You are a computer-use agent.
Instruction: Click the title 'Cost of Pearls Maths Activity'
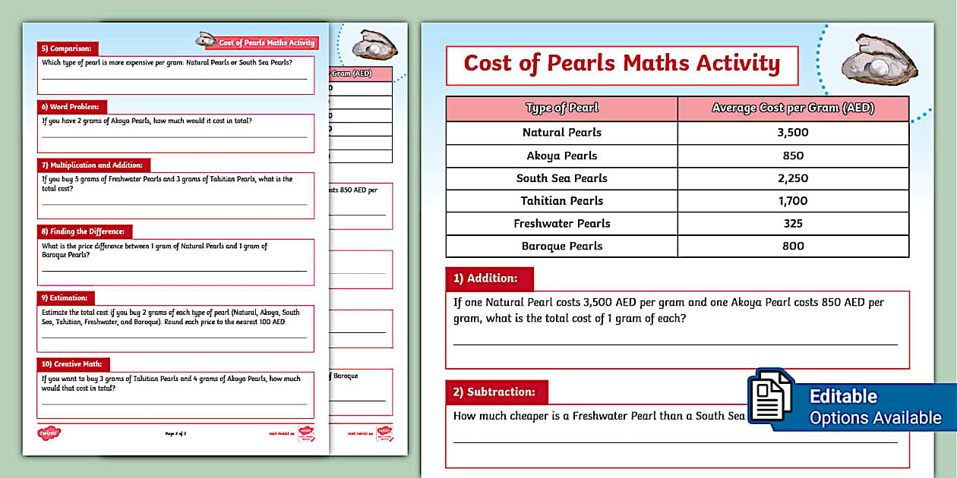click(621, 64)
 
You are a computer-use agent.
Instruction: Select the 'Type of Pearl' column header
click(562, 108)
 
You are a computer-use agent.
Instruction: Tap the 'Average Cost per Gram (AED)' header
click(793, 108)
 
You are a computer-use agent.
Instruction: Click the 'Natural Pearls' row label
click(562, 132)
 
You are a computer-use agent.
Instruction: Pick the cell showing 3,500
click(793, 132)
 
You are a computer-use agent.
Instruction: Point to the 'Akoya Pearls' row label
click(562, 156)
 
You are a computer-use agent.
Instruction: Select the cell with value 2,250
click(793, 178)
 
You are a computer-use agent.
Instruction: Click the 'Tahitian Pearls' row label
click(562, 201)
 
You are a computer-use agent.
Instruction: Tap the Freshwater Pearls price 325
click(793, 224)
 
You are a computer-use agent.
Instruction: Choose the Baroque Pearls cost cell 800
click(793, 246)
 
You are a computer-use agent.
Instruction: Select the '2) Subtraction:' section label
click(494, 392)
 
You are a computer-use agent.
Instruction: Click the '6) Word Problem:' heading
click(73, 107)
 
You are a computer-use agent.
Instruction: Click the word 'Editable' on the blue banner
click(843, 397)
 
